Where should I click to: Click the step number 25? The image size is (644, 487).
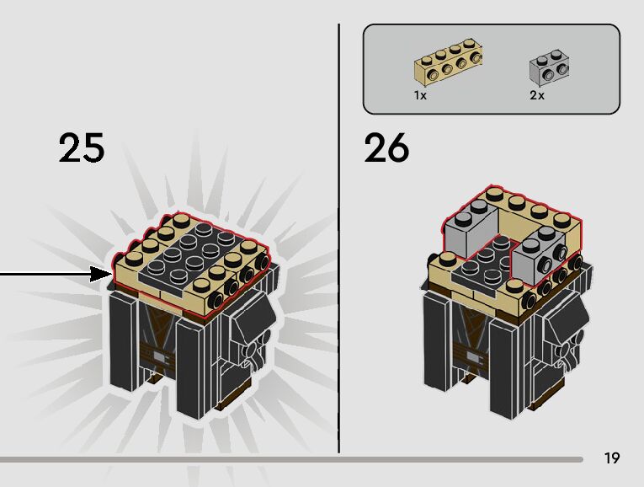[82, 147]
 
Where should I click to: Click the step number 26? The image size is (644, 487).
[386, 147]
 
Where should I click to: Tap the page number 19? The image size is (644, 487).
[612, 458]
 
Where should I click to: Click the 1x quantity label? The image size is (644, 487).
[420, 96]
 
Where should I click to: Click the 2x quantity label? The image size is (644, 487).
[537, 96]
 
